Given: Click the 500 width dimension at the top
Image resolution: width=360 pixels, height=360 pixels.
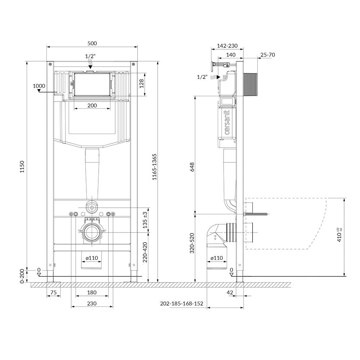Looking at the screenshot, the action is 92,44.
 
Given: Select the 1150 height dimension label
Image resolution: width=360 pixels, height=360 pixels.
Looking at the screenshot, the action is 22,167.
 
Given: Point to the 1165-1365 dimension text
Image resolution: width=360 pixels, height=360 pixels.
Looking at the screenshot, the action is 154,167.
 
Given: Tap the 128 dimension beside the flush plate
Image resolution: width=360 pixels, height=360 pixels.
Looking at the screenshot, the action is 141,84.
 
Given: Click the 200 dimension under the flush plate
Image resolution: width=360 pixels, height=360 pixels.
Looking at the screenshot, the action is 92,105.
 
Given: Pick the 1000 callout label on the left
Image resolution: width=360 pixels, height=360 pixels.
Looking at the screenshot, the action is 39,86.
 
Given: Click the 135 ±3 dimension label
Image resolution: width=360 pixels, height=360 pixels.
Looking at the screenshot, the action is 145,220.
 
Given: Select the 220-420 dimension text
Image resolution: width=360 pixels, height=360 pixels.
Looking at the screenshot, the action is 145,252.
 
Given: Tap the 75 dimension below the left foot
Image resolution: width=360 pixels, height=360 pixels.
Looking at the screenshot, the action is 54,292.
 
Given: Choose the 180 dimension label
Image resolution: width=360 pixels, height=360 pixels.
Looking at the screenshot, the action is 92,292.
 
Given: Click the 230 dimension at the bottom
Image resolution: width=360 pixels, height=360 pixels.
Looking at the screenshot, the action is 92,303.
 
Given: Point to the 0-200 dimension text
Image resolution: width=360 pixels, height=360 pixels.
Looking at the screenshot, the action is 22,276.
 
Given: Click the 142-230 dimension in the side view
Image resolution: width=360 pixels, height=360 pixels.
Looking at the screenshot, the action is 227,46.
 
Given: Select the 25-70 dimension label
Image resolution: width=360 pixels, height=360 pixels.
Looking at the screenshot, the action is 268,55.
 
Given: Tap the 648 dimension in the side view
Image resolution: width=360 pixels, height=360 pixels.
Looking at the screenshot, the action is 192,167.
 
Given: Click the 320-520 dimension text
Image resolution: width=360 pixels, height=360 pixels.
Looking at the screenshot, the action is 192,243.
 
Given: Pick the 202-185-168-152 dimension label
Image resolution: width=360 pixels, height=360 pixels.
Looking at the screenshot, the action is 181,303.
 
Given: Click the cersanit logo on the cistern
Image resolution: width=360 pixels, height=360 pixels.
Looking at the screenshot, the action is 227,122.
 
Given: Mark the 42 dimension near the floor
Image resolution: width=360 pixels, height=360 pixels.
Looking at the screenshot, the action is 230,292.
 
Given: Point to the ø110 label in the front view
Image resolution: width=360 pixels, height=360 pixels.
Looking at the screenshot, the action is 92,258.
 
